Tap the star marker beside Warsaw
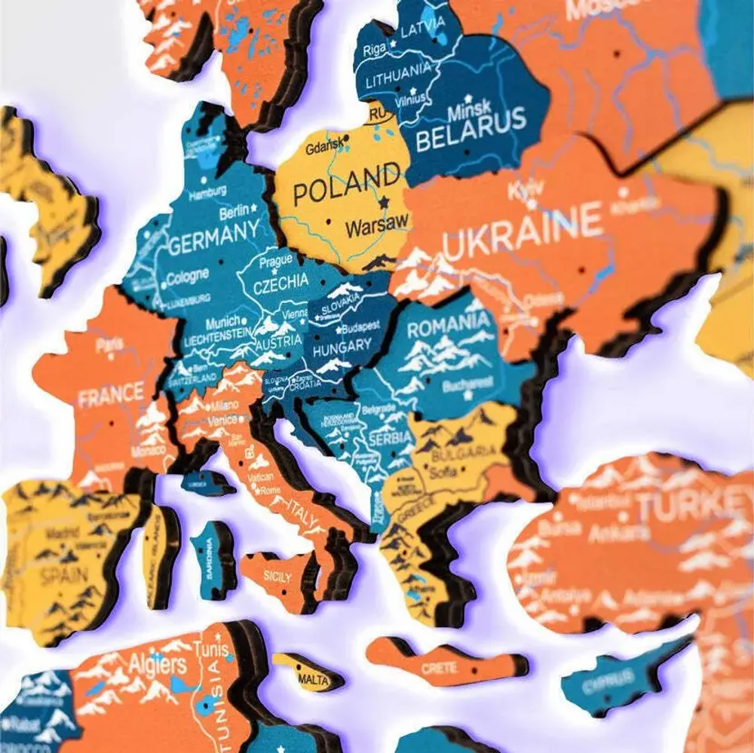point(385,202)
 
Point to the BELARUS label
point(470,137)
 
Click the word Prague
point(275,262)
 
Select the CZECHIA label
point(280,283)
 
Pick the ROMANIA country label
point(449,326)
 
